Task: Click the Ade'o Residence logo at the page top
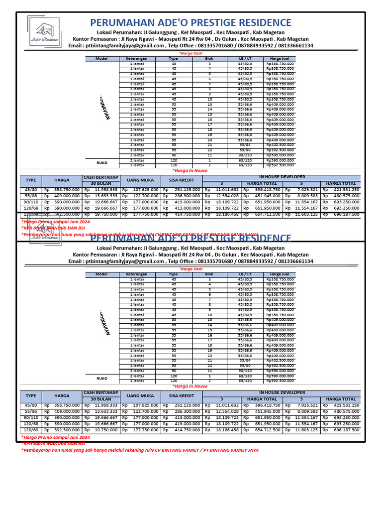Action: pos(43,32)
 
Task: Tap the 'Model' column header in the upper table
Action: pos(101,59)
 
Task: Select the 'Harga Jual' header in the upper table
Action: pos(280,59)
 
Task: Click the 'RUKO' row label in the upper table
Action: pos(101,162)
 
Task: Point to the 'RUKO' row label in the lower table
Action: pos(101,378)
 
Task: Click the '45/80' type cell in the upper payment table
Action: pos(30,190)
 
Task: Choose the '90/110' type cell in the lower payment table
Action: pos(30,417)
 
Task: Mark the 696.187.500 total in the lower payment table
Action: pos(346,429)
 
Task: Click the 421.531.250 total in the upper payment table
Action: pos(346,190)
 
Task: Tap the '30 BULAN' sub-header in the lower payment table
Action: pos(100,399)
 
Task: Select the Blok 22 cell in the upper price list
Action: pos(209,150)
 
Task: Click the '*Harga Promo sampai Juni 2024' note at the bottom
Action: pos(55,437)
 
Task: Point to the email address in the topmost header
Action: pos(124,45)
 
